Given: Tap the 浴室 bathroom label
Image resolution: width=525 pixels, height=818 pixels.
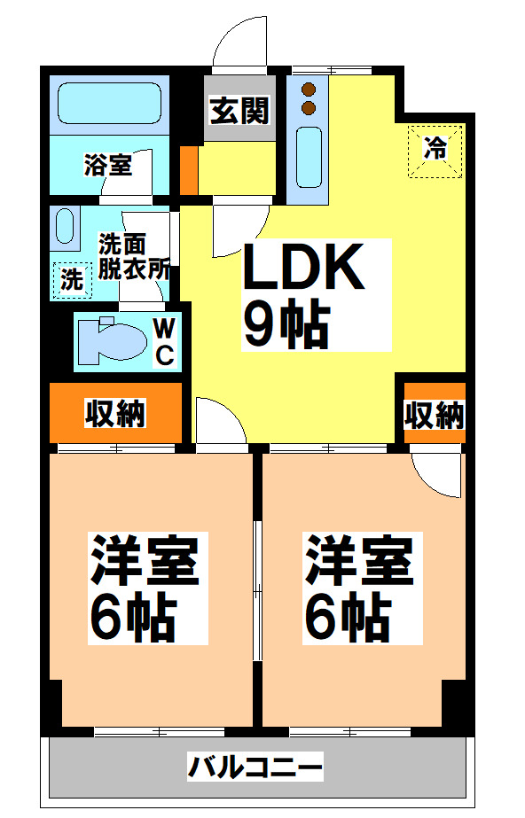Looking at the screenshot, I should click(107, 165).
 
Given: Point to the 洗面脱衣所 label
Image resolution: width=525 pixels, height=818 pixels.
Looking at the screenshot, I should click(133, 257).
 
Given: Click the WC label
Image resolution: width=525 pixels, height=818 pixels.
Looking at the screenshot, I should click(165, 341).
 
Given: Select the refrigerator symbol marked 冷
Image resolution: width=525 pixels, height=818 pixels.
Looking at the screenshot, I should click(435, 150).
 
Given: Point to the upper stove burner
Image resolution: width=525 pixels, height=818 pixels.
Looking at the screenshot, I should click(310, 90).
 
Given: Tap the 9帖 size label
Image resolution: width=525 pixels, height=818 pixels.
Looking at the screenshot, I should click(286, 324).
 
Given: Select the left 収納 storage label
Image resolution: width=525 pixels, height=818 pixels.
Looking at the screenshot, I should click(115, 413).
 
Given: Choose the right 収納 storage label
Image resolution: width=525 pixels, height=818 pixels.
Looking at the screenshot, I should click(435, 415).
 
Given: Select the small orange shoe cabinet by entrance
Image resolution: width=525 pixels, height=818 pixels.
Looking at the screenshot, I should click(189, 171).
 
